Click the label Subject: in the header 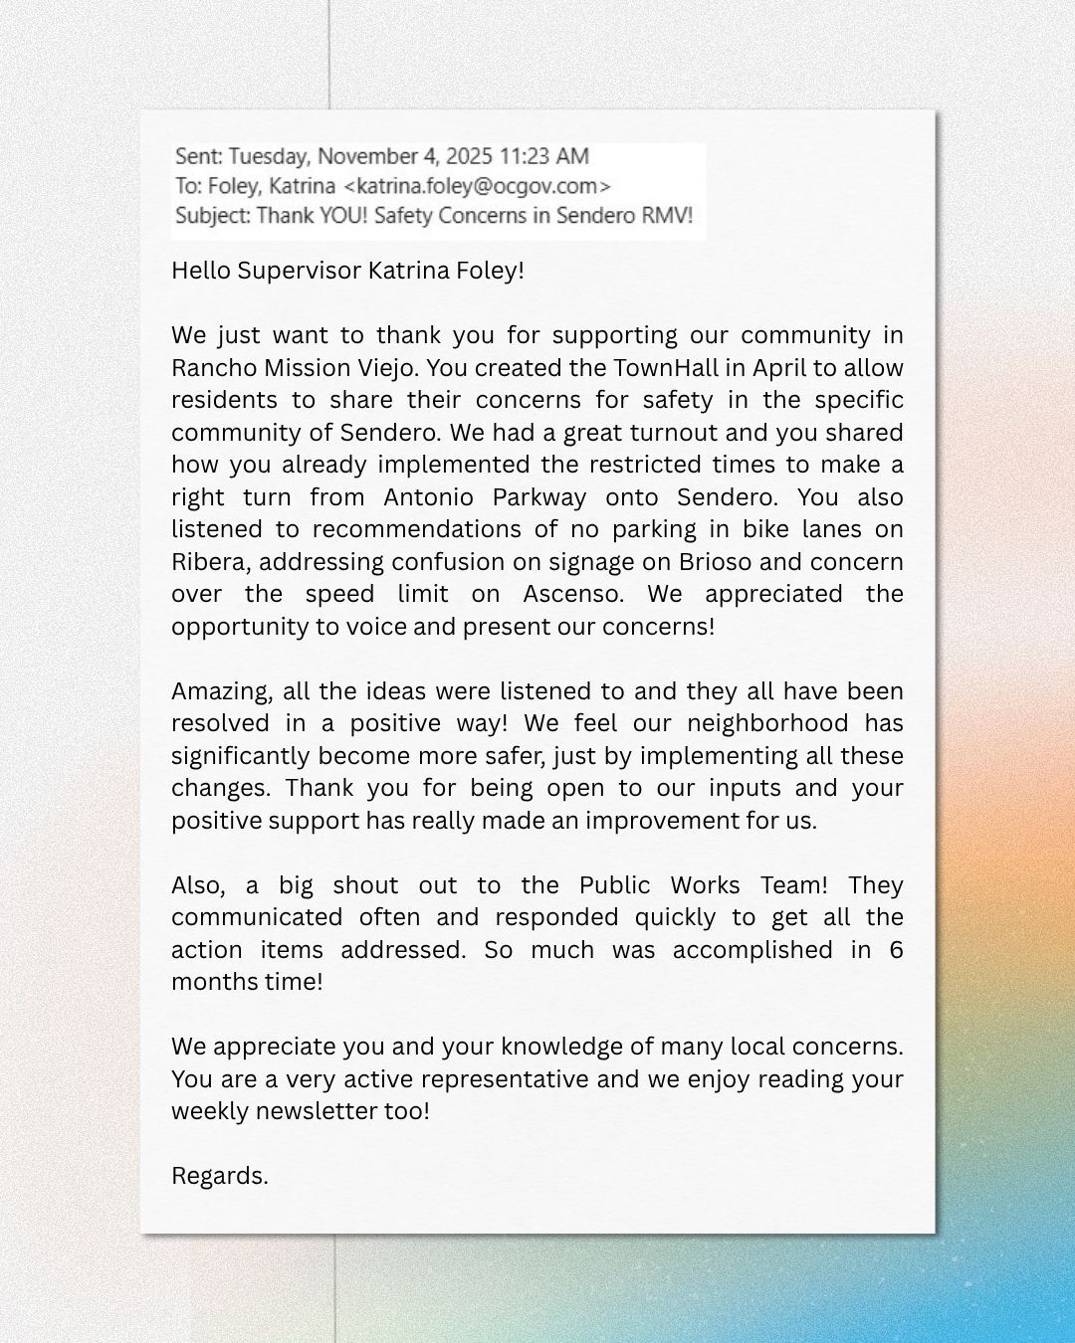click(x=212, y=216)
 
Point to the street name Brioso click(x=715, y=562)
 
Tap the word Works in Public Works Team click(x=704, y=885)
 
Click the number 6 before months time click(x=896, y=950)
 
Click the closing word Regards click(x=219, y=1176)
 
